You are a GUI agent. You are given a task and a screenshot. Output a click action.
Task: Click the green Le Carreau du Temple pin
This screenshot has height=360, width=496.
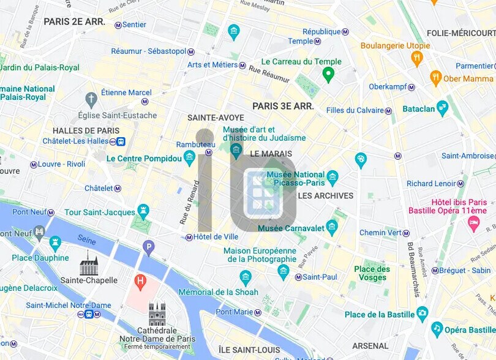(328, 75)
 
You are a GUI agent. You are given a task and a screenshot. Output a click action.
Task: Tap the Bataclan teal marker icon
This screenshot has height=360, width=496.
(442, 108)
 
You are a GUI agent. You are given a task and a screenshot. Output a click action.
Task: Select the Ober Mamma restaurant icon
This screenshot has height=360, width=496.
(435, 78)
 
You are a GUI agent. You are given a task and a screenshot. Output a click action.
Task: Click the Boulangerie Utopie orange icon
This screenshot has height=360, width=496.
(417, 58)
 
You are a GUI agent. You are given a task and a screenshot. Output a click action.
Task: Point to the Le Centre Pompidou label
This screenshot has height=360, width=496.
(144, 159)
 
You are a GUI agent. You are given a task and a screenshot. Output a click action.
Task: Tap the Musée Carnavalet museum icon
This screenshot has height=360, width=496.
(332, 227)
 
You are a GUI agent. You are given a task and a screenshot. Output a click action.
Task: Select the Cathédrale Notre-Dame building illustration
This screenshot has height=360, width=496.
(157, 314)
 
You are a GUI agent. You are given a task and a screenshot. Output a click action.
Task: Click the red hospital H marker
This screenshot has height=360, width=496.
(140, 282)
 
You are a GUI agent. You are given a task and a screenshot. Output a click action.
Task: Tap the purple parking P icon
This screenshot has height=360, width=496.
(148, 248)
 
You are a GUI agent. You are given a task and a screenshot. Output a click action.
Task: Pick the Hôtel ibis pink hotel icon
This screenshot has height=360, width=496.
(473, 223)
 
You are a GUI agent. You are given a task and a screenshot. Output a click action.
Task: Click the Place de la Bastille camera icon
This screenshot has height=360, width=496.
(422, 314)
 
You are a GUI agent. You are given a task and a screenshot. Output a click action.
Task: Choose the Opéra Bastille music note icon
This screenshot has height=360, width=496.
(437, 329)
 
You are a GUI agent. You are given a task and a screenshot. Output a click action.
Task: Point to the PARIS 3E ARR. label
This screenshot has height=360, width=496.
(283, 106)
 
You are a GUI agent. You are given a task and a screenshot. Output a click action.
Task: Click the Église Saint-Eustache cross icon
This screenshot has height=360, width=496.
(91, 99)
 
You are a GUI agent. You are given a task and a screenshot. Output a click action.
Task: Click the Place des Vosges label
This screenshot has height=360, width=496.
(372, 273)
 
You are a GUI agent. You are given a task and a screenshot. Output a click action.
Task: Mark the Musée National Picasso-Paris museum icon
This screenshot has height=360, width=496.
(333, 178)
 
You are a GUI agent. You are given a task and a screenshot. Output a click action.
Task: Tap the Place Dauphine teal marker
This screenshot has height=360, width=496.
(55, 244)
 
